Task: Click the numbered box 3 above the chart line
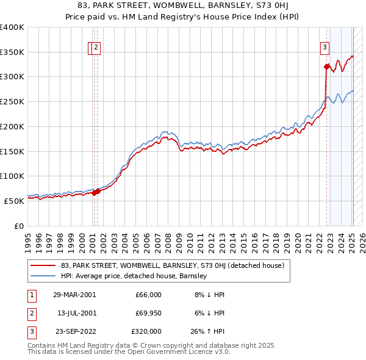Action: (325, 48)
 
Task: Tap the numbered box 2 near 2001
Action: (96, 48)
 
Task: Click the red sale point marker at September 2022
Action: (327, 67)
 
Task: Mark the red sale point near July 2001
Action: (96, 191)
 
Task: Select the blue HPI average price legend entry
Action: (134, 276)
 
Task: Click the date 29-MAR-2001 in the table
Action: (74, 295)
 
